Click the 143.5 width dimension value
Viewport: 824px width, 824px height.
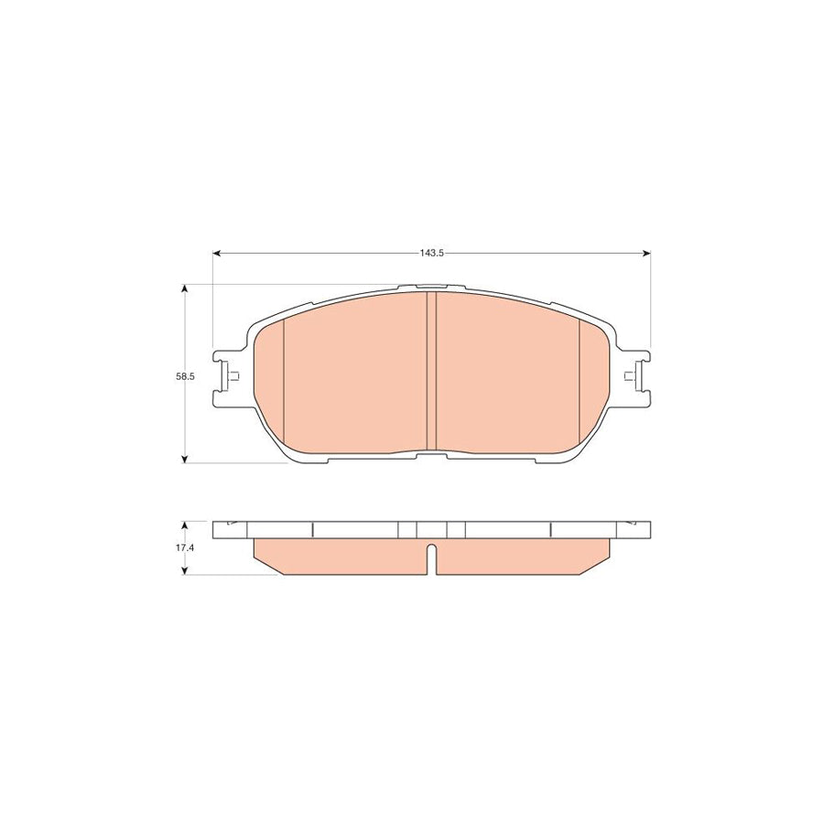(x=431, y=253)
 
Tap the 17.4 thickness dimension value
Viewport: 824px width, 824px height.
(x=186, y=548)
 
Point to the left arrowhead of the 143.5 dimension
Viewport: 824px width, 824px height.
(x=218, y=253)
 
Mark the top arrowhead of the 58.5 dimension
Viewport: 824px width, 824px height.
(x=186, y=289)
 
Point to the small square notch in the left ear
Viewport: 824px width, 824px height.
(x=235, y=376)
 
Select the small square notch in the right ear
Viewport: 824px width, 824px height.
(x=628, y=376)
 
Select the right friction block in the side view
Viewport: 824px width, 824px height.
(x=522, y=556)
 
